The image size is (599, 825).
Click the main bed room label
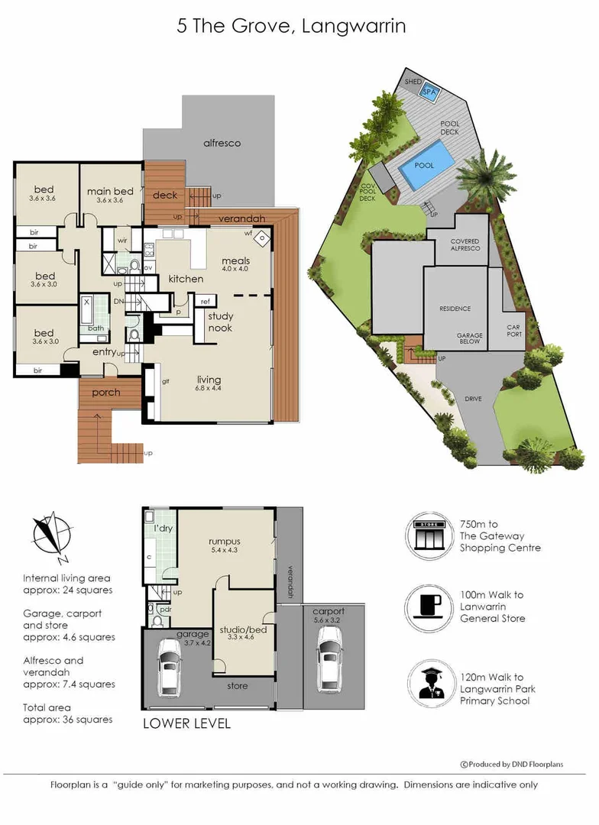click(111, 195)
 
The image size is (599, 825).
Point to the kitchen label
click(186, 279)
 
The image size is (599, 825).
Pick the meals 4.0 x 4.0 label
click(235, 264)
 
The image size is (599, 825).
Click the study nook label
click(221, 322)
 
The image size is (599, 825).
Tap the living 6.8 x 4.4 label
click(209, 383)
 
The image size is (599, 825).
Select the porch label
click(106, 393)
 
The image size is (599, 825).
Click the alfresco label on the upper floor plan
click(222, 143)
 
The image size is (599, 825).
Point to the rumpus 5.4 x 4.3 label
click(225, 547)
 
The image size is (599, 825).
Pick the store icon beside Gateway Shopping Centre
click(429, 534)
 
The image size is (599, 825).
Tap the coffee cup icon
click(429, 607)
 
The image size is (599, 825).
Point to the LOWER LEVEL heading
click(186, 723)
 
